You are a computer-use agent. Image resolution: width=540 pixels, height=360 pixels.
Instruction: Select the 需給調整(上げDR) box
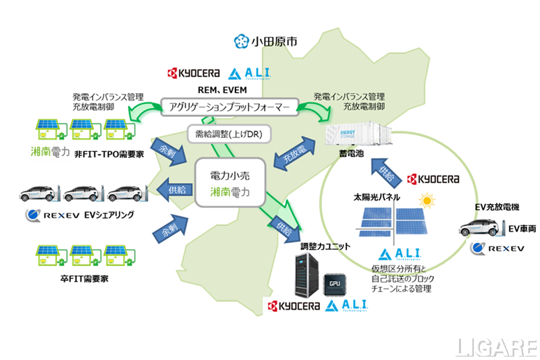(x=228, y=134)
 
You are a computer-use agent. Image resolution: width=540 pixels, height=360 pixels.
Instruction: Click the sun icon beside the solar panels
(x=427, y=201)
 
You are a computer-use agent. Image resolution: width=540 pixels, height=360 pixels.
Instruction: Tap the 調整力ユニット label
(x=317, y=247)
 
